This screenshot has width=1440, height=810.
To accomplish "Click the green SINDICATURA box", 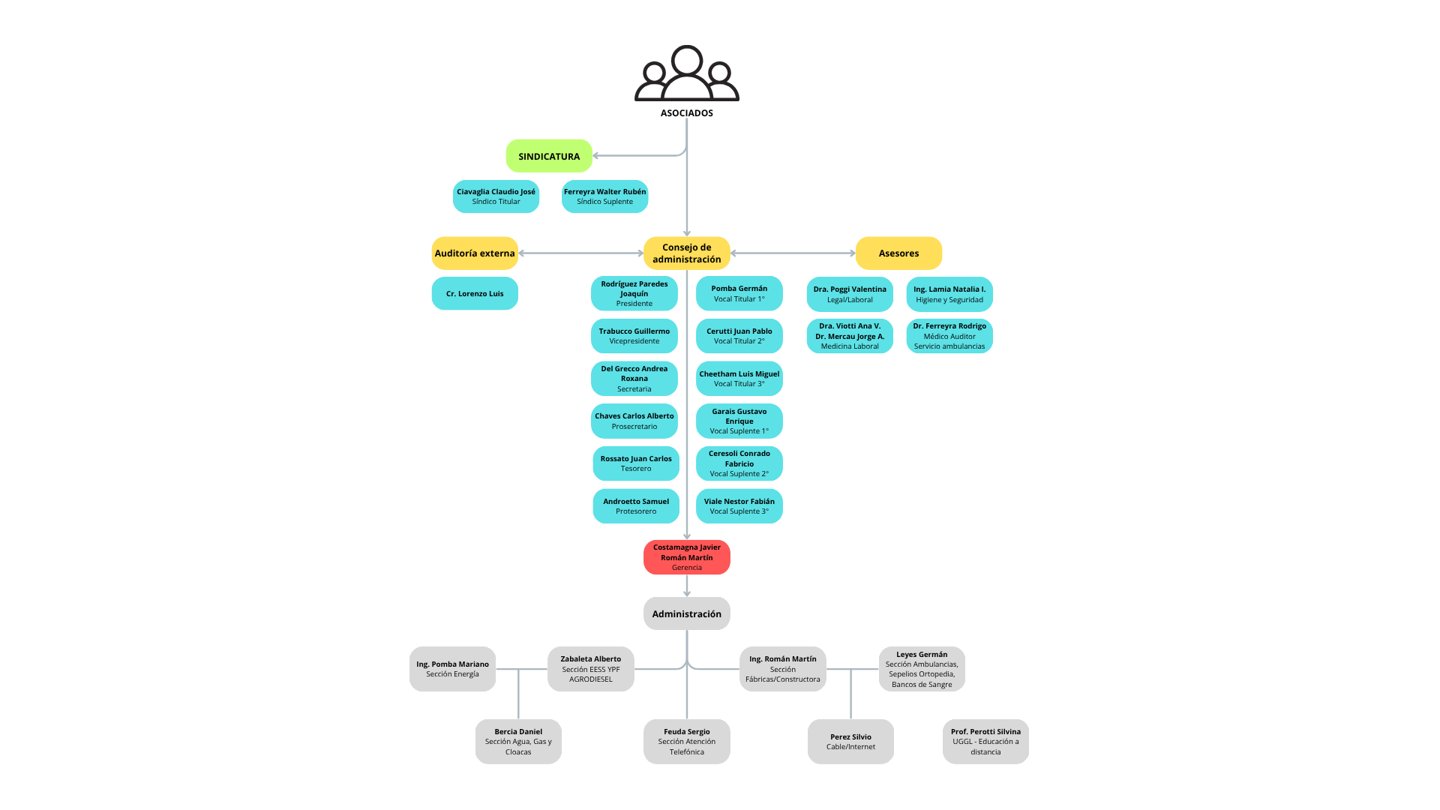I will [x=549, y=156].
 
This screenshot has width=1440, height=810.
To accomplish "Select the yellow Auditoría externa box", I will [x=475, y=253].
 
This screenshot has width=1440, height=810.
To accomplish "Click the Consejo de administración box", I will [x=686, y=253].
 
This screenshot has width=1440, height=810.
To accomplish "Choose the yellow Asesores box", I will [x=898, y=253].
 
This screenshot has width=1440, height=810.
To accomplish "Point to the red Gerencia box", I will [x=686, y=557].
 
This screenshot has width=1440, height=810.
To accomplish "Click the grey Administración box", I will [x=686, y=613].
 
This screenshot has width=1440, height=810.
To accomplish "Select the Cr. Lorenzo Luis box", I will [x=475, y=293].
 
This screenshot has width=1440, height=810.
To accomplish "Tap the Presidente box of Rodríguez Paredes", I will [x=634, y=293].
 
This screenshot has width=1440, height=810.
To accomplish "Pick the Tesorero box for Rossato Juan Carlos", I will [x=636, y=463].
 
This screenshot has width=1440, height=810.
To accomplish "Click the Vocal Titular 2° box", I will [x=739, y=336].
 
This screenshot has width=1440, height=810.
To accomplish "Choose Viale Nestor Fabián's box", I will [x=739, y=506].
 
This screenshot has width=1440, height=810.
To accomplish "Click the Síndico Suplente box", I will [x=604, y=196].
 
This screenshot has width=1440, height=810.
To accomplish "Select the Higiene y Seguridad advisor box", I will [x=949, y=294].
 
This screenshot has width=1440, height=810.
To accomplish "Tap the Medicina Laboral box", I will [x=850, y=336].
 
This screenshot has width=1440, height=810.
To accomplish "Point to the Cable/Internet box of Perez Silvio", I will [x=850, y=742].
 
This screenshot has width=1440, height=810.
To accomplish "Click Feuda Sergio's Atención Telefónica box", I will [x=686, y=742].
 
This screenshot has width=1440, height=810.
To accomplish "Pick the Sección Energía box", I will [x=452, y=669].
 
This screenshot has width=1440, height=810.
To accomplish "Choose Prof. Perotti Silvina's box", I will [x=985, y=742].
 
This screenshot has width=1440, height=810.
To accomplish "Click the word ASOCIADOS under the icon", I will [x=686, y=113].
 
